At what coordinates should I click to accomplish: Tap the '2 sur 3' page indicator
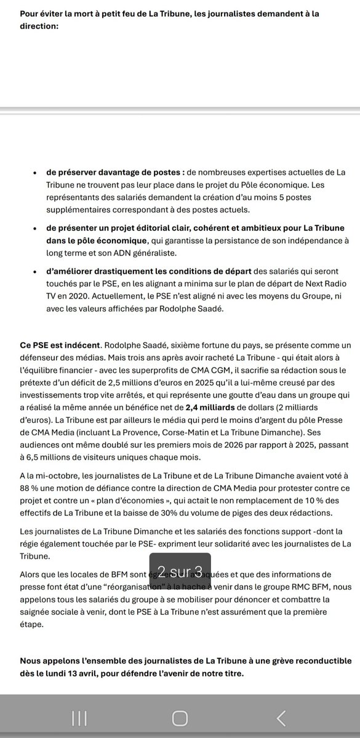pyautogui.click(x=180, y=570)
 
